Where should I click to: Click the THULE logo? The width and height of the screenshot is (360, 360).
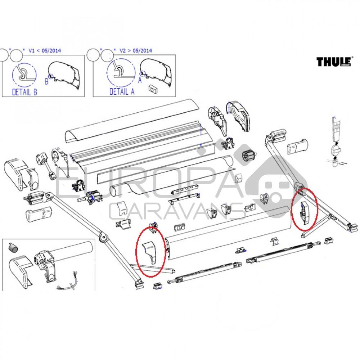(332, 62)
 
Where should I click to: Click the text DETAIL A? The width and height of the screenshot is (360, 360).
(122, 92)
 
